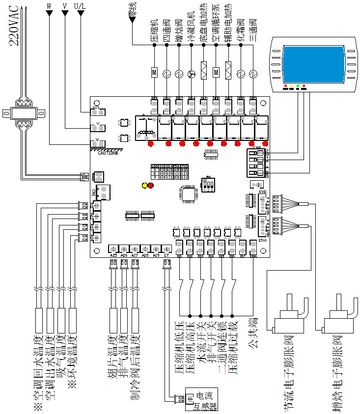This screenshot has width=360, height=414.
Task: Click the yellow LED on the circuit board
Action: (144, 186)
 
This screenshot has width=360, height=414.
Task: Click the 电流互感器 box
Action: (201, 399)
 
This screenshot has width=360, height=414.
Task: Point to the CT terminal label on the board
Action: (167, 255)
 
